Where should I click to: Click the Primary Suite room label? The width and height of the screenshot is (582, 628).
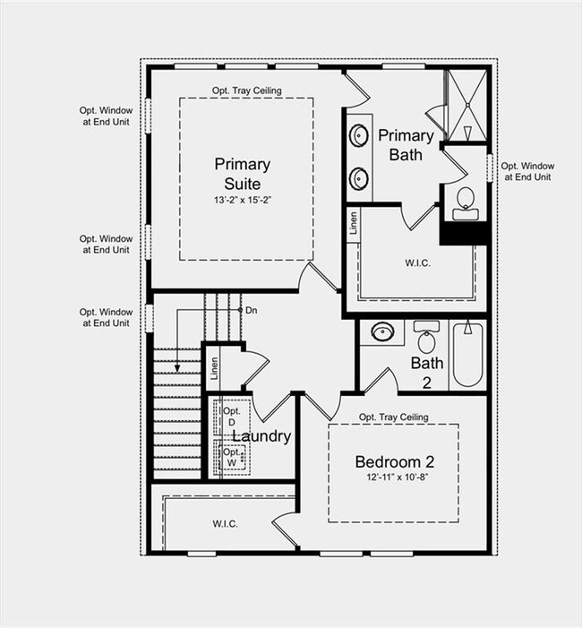pos(242,173)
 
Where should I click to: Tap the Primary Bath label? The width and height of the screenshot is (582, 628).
pos(406,145)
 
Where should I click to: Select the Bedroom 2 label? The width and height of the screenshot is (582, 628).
pos(394,462)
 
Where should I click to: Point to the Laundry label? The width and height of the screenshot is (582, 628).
pos(262,436)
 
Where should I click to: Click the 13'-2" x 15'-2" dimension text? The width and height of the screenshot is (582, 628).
pos(242,201)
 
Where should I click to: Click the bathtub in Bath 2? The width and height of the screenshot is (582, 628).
pos(467,354)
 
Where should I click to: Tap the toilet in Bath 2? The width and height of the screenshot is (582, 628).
pos(426,337)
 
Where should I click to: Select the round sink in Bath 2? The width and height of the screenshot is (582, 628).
pos(383,331)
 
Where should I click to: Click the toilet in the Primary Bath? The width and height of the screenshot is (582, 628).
pos(465,202)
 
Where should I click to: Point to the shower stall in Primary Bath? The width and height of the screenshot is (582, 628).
pos(466,105)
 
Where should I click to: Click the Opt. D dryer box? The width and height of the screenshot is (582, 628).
pos(230,416)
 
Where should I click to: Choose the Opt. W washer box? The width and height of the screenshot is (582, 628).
pos(231,457)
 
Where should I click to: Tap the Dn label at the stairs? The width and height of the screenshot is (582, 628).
pos(252,310)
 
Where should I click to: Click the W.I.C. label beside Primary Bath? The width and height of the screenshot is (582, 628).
pos(417,262)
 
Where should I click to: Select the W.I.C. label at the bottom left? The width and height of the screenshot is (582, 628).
pos(225,524)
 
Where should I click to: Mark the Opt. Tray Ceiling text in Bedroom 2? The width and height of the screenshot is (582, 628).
pos(393,417)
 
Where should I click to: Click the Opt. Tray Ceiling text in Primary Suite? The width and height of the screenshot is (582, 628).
pos(247,90)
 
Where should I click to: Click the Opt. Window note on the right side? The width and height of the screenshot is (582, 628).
pos(526,171)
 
